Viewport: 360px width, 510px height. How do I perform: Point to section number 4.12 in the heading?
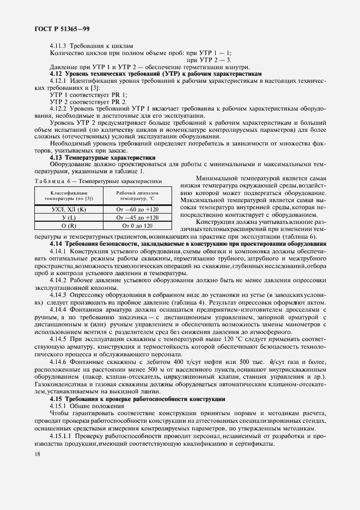[56, 73]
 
